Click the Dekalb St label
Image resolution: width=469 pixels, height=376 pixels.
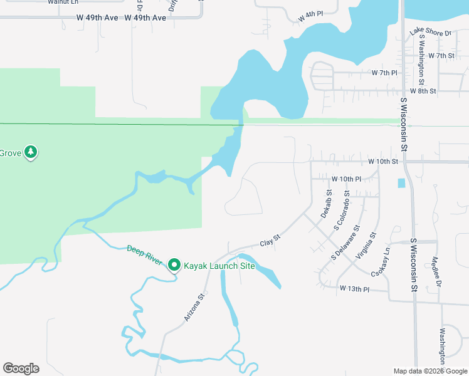[x=326, y=205]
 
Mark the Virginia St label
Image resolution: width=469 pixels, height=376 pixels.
[x=366, y=246]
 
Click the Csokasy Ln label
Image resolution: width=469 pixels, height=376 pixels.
[x=381, y=263]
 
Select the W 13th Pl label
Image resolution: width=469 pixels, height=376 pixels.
[x=355, y=288]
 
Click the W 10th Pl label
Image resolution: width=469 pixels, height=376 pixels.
[x=347, y=179]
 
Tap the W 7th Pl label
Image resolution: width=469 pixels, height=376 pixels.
[x=385, y=73]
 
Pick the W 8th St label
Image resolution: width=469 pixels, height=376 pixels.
[x=423, y=91]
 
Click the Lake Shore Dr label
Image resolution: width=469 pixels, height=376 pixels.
[x=431, y=33]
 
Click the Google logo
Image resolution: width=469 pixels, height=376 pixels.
[x=21, y=368]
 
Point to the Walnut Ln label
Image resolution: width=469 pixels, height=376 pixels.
[x=63, y=2]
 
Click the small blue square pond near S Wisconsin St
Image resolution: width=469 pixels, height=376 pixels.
[x=401, y=183]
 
